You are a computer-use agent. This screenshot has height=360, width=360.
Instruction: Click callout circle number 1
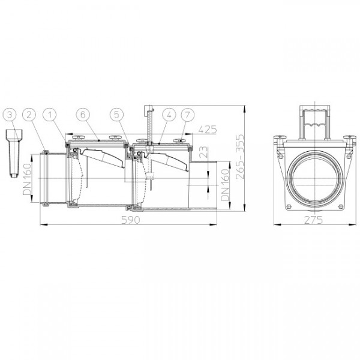(x=50, y=114)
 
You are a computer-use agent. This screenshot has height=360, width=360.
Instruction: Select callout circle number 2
(x=29, y=114)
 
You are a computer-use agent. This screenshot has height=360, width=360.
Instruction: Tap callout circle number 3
(x=10, y=114)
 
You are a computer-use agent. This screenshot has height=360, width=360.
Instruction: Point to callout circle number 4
(x=169, y=114)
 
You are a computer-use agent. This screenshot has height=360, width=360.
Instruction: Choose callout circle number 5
(x=116, y=114)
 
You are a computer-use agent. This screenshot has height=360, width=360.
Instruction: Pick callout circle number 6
(x=83, y=114)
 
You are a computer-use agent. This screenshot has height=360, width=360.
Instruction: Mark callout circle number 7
(x=188, y=114)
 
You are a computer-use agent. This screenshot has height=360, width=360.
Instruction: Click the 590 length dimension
(x=131, y=220)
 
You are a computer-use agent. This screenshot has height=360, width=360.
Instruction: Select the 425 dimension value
(x=208, y=130)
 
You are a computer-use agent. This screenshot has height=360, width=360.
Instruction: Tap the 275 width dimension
(x=314, y=220)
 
